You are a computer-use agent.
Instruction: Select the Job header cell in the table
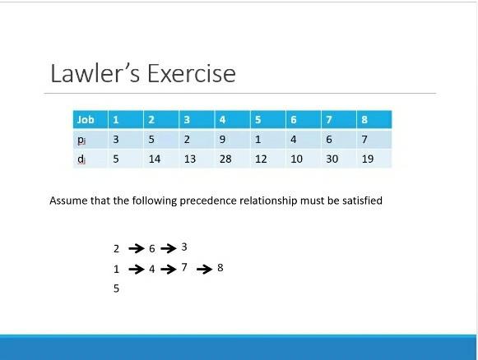86,120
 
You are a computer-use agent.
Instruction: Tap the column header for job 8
364,120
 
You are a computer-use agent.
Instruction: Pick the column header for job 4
223,120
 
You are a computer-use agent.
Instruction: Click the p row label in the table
81,140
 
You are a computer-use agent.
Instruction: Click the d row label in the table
81,159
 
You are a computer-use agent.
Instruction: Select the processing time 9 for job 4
223,140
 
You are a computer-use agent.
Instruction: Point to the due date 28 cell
225,159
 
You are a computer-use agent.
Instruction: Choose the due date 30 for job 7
332,159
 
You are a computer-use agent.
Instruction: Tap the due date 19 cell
367,159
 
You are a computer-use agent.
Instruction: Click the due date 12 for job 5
261,159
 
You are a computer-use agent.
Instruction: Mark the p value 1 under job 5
258,140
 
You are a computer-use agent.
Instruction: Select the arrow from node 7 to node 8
204,269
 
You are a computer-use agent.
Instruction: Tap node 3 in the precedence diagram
184,247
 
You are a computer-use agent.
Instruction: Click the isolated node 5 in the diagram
117,288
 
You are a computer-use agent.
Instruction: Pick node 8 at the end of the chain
220,267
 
